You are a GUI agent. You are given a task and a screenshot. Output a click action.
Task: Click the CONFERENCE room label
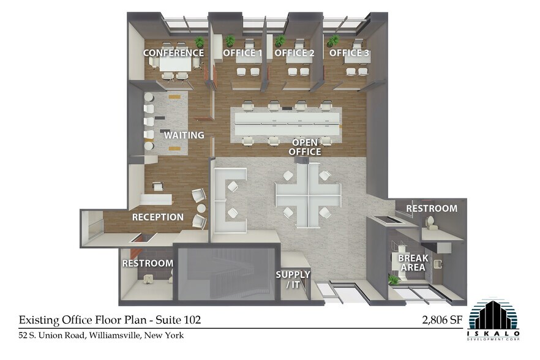point(173,53)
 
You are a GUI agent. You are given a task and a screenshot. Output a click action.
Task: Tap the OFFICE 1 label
point(242,53)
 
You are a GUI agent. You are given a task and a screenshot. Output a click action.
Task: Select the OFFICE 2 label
point(294,53)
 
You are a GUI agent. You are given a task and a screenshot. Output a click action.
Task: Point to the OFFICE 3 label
point(350,53)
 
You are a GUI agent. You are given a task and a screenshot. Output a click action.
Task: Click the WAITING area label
point(184,135)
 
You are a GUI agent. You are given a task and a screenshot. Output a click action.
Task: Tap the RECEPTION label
point(158,217)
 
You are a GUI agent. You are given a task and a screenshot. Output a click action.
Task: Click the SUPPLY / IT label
point(293,279)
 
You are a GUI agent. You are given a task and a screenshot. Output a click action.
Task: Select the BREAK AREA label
point(413,263)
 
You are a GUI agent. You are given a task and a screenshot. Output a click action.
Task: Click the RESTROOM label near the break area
point(432,208)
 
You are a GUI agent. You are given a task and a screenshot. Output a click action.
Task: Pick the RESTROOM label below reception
point(148,263)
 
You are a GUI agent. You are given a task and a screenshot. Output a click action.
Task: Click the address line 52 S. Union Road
point(101,336)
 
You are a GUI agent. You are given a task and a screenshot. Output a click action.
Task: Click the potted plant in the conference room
point(200,42)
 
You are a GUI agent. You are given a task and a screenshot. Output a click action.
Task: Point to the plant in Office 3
point(333,41)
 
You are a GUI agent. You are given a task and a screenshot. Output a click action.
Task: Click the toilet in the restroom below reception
point(148,279)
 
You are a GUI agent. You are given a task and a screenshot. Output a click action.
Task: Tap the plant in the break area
point(394,279)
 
